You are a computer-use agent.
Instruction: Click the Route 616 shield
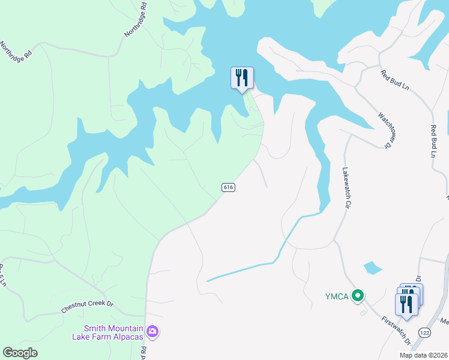[228, 187]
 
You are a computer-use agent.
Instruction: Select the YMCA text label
[337, 295]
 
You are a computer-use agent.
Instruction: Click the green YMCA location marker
[358, 295]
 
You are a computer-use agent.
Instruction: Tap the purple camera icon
[152, 331]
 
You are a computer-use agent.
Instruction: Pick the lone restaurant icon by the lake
[242, 78]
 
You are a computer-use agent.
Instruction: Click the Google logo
[20, 353]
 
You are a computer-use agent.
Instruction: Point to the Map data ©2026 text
[423, 355]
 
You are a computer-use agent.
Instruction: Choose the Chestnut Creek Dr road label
[87, 307]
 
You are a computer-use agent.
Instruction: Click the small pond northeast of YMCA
[372, 268]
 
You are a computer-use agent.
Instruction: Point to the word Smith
[95, 328]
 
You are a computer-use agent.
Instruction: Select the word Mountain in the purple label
[126, 328]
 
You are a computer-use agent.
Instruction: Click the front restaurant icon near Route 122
[406, 304]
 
